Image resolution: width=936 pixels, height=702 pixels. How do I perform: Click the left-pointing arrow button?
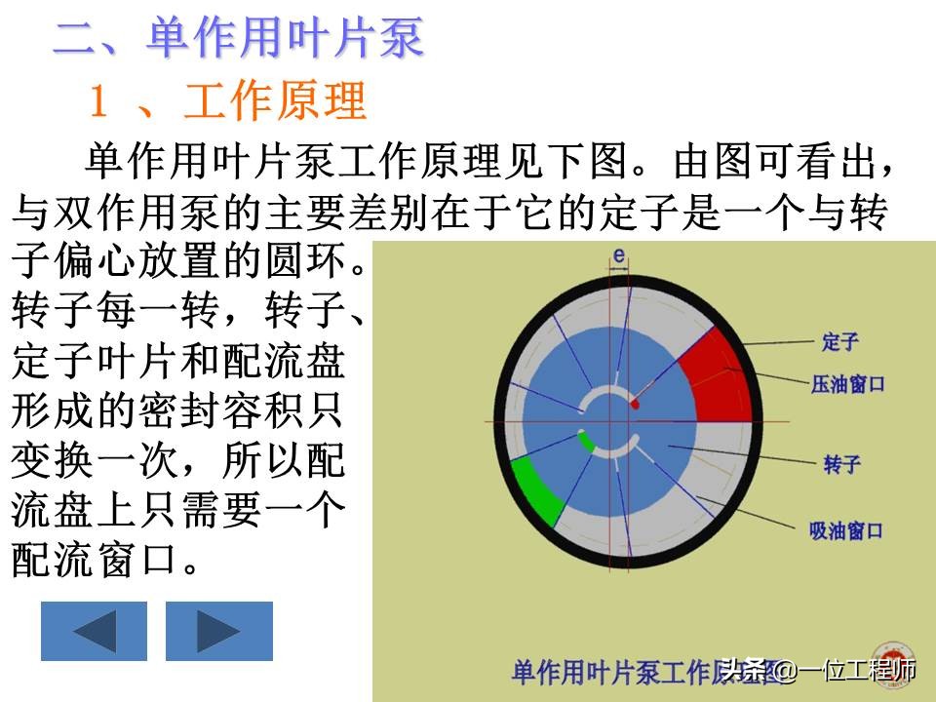[x=94, y=631]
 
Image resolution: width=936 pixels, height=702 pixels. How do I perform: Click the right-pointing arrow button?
[x=219, y=631]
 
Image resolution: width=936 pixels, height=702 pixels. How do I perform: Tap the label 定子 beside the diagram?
[x=839, y=342]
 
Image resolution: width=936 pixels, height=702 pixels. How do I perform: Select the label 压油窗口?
[x=847, y=384]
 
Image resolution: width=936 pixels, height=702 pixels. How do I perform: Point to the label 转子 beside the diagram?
[x=841, y=464]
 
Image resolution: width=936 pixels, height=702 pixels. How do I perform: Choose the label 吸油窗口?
[x=846, y=530]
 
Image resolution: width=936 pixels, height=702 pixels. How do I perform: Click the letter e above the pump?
[x=619, y=256]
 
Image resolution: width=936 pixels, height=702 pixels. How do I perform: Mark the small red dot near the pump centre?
[x=635, y=405]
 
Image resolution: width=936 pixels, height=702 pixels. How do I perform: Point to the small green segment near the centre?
[x=587, y=441]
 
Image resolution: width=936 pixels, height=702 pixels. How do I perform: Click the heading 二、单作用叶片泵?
[x=239, y=38]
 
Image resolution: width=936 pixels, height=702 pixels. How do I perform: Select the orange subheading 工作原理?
[x=275, y=100]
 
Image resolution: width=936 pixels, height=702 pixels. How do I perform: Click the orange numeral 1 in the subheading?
[x=99, y=100]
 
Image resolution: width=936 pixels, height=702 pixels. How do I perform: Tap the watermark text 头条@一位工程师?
[x=818, y=671]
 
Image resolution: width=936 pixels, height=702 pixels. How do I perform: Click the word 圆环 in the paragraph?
[x=307, y=261]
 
